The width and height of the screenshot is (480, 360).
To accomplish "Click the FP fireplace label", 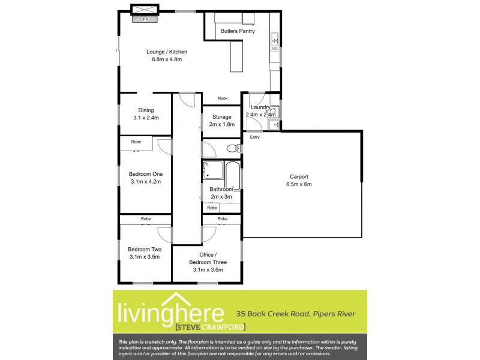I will pyautogui.click(x=145, y=19).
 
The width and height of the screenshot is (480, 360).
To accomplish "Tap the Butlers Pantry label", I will pyautogui.click(x=238, y=31).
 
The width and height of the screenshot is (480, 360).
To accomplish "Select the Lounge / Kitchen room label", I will pyautogui.click(x=163, y=52).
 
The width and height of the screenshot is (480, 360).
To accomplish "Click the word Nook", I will pyautogui.click(x=222, y=98).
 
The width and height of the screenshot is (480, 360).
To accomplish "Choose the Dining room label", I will pyautogui.click(x=146, y=110).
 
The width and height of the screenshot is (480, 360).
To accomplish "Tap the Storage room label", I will pyautogui.click(x=221, y=117).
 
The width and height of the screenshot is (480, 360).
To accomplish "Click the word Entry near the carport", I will pyautogui.click(x=255, y=137).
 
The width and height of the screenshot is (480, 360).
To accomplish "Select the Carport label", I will pyautogui.click(x=299, y=176).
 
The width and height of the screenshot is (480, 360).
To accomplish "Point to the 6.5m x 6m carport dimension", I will pyautogui.click(x=299, y=184).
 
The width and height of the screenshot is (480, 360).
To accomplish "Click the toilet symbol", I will pyautogui.click(x=232, y=148).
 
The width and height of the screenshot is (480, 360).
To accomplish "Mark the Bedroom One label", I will pyautogui.click(x=146, y=174).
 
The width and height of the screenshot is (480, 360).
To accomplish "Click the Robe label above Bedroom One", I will pyautogui.click(x=136, y=142).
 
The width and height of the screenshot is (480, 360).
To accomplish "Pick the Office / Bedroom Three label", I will pyautogui.click(x=208, y=259).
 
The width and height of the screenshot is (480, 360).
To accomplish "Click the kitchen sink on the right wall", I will pyautogui.click(x=275, y=41).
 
